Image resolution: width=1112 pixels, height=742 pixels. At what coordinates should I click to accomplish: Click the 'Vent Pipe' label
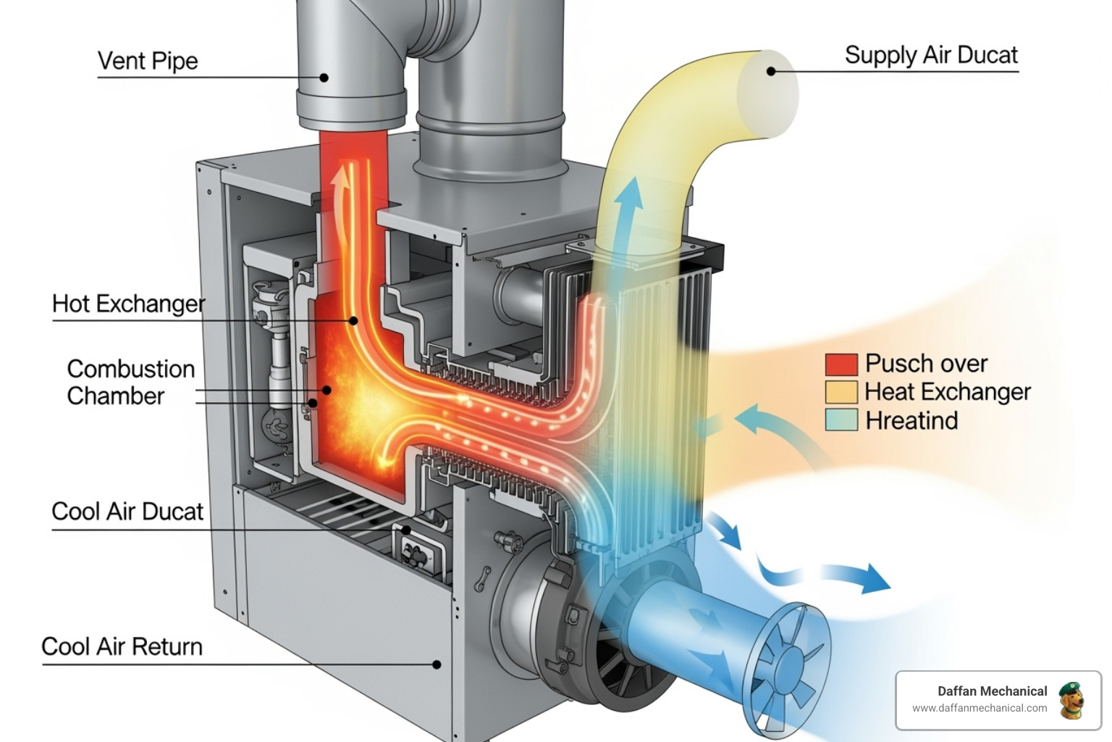(148, 61)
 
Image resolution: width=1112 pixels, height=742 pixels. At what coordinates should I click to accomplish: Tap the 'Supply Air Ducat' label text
(931, 55)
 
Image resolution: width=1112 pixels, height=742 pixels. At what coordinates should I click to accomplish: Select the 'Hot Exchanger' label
(128, 304)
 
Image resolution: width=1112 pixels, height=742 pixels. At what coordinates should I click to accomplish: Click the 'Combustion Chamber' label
(130, 383)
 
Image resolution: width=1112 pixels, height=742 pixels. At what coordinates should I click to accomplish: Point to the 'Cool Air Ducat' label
(127, 512)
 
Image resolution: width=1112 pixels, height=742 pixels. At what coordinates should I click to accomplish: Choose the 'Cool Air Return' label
(122, 646)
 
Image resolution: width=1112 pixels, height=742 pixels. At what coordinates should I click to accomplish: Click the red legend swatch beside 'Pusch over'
(841, 364)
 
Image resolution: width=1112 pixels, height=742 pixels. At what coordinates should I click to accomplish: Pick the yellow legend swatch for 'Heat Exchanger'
(841, 392)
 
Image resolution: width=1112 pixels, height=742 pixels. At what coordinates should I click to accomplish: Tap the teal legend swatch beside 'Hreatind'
(841, 420)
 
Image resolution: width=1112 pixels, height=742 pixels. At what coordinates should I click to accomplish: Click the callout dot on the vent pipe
(324, 78)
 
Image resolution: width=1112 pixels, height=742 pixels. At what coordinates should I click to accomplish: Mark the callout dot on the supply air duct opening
(771, 71)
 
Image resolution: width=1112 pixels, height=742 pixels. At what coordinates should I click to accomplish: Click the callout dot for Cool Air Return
(437, 664)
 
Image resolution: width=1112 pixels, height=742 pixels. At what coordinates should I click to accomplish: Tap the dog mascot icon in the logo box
(1071, 700)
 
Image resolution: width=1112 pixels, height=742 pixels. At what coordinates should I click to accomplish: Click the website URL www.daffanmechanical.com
(979, 708)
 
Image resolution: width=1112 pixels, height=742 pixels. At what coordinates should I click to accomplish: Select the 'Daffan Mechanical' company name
(992, 691)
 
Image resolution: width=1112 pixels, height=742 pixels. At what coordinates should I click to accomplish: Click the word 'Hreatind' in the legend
(911, 420)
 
